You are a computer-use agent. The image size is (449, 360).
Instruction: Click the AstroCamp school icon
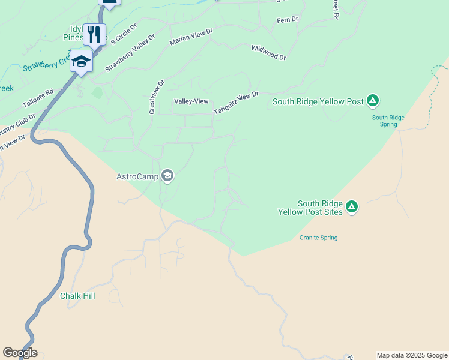point(167,176)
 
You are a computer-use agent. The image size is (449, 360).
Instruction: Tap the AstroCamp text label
point(137,176)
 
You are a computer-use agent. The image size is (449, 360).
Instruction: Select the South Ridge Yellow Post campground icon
point(373,101)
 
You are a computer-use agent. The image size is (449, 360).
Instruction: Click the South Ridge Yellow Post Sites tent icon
point(352,208)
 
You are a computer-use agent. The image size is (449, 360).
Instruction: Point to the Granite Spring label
point(318,238)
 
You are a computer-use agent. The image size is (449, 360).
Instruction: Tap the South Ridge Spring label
point(388,121)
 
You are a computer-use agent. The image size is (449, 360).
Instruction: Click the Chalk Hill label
point(77,296)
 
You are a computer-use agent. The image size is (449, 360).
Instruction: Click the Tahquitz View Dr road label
point(236,104)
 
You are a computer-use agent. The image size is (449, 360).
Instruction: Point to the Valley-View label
point(191,102)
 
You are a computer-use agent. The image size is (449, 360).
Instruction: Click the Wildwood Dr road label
point(269,53)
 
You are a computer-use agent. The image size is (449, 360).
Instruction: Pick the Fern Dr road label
point(287,20)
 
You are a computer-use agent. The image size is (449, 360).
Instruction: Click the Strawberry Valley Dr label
point(130,53)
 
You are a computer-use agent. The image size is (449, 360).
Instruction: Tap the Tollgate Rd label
point(38,96)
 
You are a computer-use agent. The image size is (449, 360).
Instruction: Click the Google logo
point(20,353)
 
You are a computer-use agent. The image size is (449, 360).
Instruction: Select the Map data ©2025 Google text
point(411,355)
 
